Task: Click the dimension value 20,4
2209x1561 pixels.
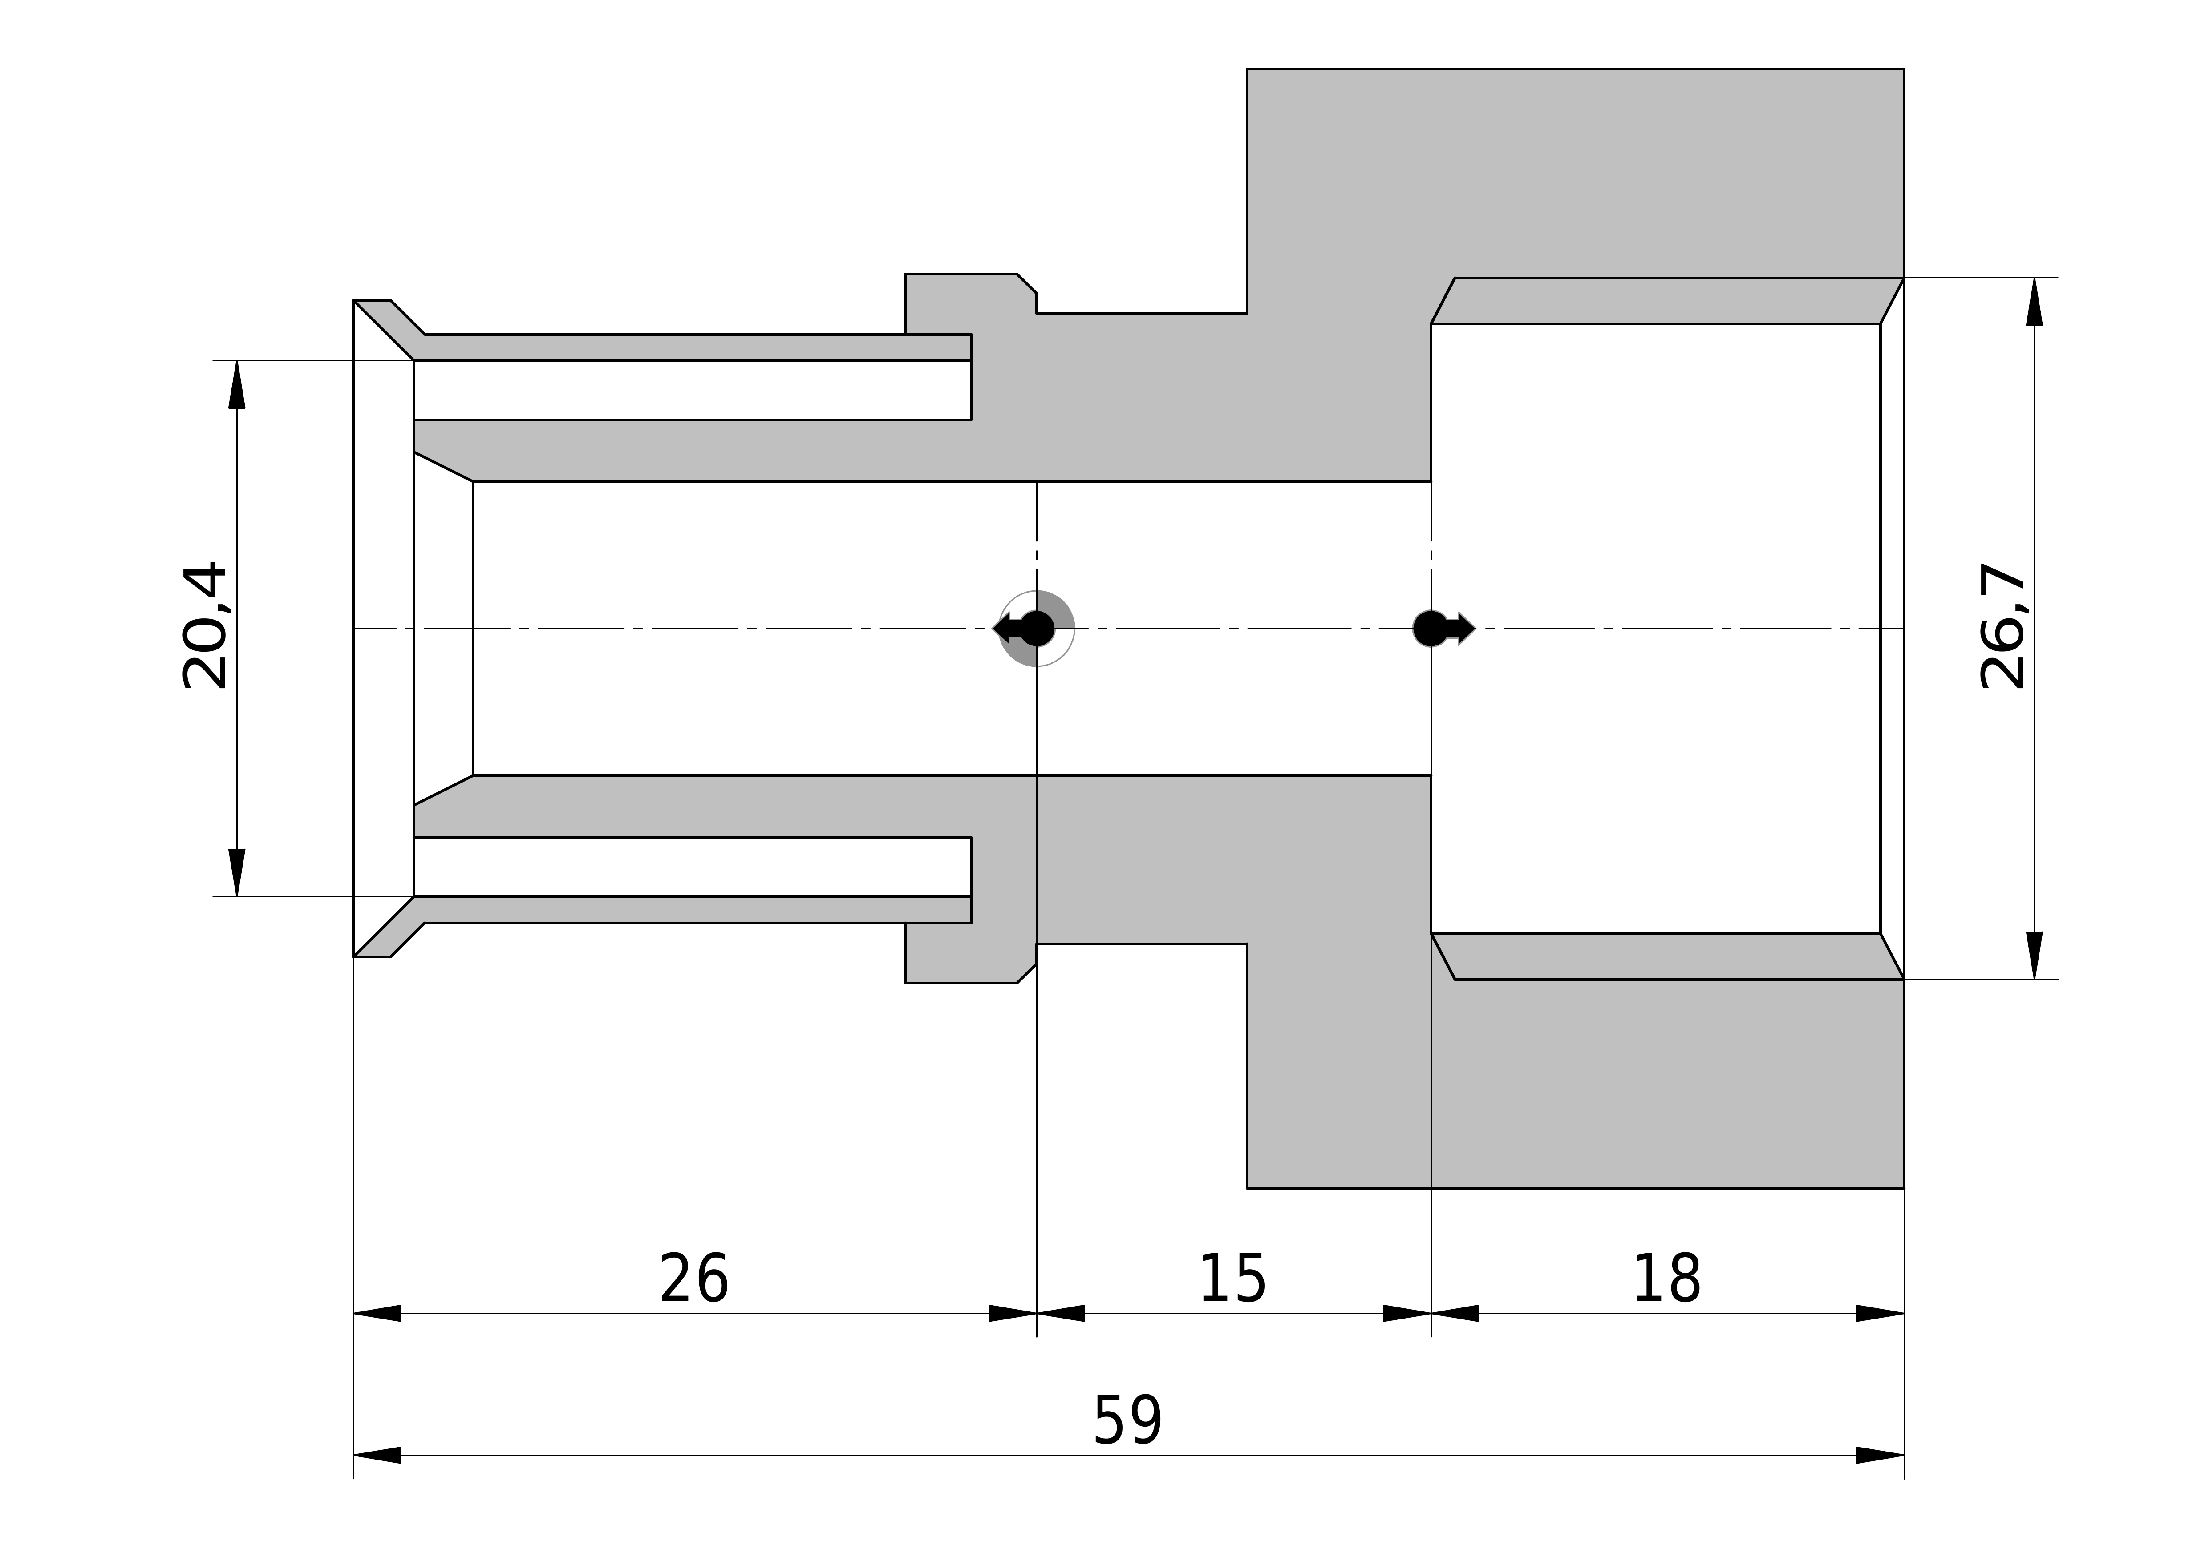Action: (x=205, y=626)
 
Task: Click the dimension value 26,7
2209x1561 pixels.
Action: (x=2003, y=626)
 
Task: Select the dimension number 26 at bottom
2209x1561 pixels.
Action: (x=694, y=1279)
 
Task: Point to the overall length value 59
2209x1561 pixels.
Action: (x=1127, y=1422)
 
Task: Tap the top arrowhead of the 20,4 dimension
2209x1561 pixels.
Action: (x=237, y=385)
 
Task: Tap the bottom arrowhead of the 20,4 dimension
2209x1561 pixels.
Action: (x=237, y=872)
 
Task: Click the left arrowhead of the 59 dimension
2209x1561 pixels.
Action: (x=377, y=1455)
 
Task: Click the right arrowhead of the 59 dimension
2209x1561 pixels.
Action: (x=1880, y=1455)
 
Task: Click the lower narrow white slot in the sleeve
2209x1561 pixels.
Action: (x=692, y=867)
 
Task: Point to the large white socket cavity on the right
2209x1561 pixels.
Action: (x=1655, y=629)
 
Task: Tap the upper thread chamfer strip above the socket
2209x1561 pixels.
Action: (x=1667, y=301)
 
